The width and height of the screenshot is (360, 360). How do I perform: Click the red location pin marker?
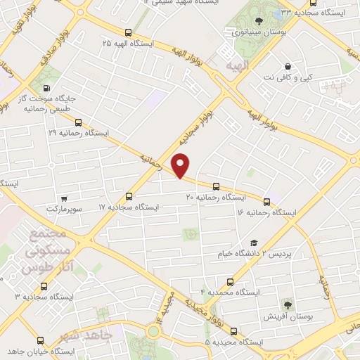click(181, 165)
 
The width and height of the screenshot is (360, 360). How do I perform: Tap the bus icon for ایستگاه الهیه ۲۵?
click(128, 32)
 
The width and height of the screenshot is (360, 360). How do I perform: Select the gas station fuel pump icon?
click(46, 89)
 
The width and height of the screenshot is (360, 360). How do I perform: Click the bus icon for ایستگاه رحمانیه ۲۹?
click(78, 121)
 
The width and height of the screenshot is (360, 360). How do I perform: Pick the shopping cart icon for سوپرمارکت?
click(65, 199)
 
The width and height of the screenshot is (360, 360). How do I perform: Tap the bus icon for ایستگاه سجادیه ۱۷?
click(128, 196)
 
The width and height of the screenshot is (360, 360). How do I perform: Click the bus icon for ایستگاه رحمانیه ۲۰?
click(216, 187)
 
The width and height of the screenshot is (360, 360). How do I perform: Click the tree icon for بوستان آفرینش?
click(287, 304)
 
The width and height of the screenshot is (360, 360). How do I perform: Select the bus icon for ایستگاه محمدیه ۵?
click(233, 331)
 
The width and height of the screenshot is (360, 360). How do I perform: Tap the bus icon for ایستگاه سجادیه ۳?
click(44, 287)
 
